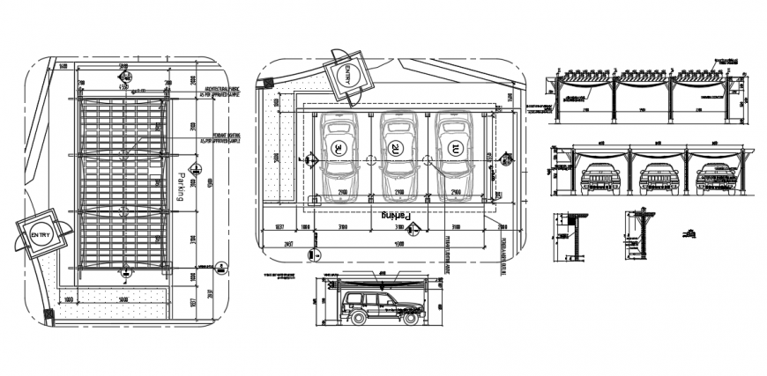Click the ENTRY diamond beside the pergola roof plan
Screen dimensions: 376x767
[41, 234]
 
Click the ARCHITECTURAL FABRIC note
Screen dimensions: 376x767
[222, 92]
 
